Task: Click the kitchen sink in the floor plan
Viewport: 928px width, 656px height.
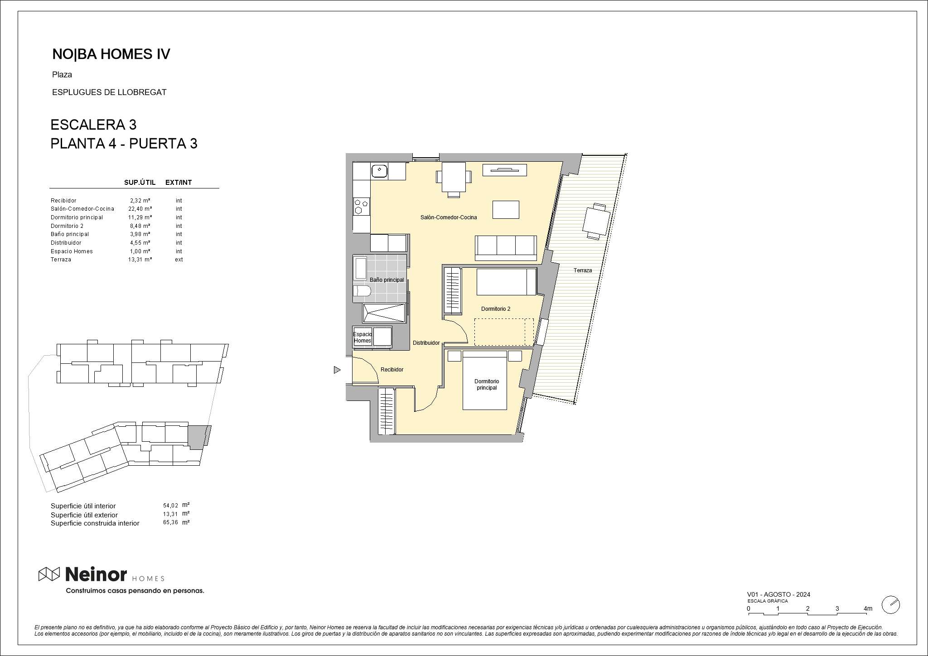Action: point(379,171)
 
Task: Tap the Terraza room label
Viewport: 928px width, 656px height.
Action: point(583,270)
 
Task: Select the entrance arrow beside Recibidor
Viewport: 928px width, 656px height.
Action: point(337,370)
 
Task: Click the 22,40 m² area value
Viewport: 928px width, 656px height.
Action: point(140,209)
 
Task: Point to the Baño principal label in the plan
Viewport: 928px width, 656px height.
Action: point(387,280)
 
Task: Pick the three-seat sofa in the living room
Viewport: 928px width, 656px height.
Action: point(506,248)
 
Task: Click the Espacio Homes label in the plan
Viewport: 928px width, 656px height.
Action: point(362,338)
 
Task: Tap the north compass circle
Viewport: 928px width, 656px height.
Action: point(890,605)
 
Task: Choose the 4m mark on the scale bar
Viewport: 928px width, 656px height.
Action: point(868,608)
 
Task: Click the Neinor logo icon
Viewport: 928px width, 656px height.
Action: point(49,574)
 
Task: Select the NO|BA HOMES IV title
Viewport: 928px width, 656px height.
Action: point(111,54)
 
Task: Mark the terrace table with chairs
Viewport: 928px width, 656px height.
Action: point(596,222)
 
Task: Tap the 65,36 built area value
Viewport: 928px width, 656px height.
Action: point(170,523)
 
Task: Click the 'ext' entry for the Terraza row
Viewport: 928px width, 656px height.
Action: point(179,260)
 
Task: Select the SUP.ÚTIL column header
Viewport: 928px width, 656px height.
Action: point(140,183)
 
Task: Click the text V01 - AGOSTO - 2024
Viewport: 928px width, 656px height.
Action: point(778,594)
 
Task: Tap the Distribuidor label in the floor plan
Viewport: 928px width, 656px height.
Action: point(426,343)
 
